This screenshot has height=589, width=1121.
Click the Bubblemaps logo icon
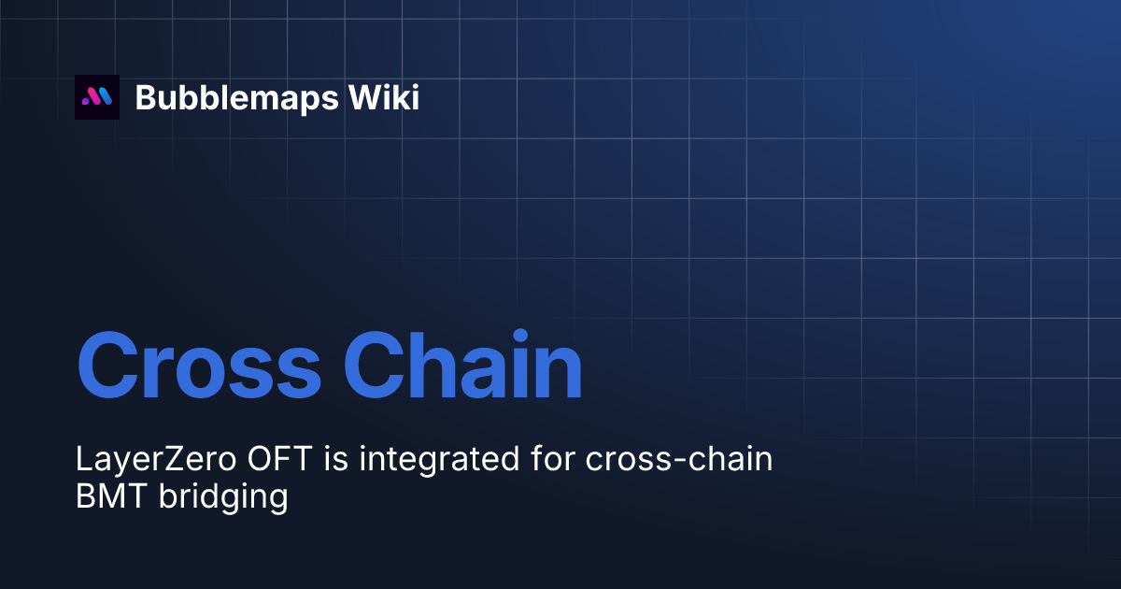click(x=97, y=97)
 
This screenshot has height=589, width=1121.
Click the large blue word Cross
click(x=198, y=364)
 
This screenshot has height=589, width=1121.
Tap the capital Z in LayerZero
click(x=184, y=459)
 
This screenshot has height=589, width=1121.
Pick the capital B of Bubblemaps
click(x=146, y=97)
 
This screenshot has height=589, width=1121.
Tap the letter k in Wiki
click(x=403, y=97)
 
